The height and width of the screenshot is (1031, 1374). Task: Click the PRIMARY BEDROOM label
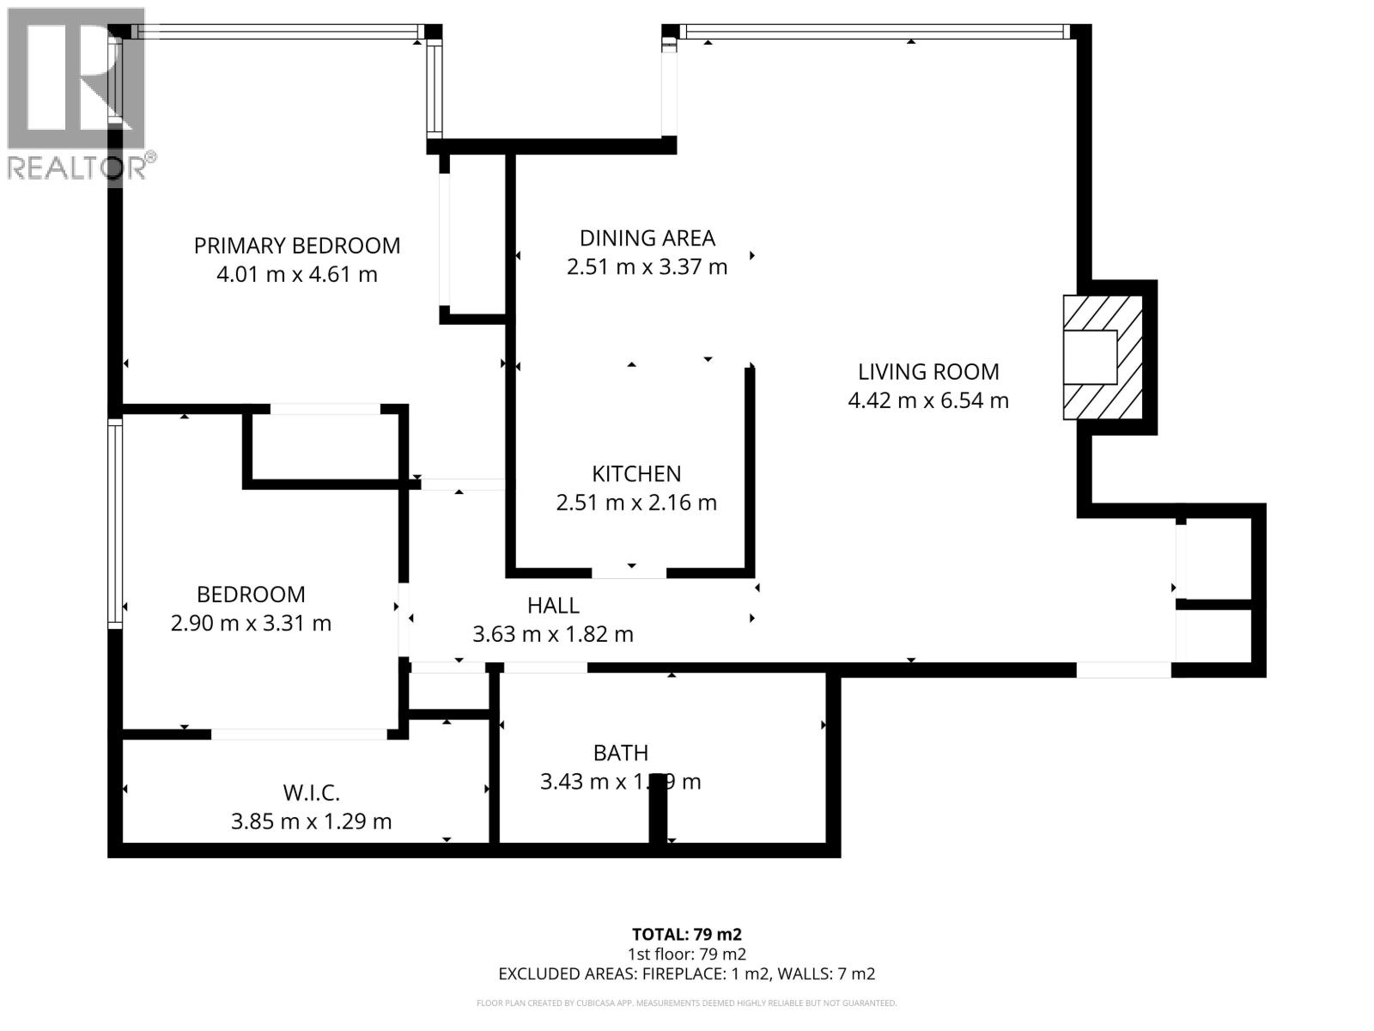tap(296, 246)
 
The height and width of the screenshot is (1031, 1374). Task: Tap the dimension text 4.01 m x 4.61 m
tap(296, 275)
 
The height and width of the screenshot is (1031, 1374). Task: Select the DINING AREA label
tap(647, 238)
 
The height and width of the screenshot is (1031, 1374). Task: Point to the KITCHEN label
tap(635, 473)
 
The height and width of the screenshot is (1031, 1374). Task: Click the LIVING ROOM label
tap(928, 372)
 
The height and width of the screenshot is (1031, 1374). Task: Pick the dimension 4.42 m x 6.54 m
tap(928, 400)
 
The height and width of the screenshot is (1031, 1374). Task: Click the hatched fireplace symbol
tap(1103, 357)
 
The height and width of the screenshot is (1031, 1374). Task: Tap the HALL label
tap(553, 606)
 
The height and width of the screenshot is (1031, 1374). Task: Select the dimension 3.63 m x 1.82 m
tap(553, 635)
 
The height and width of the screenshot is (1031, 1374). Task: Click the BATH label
tap(620, 753)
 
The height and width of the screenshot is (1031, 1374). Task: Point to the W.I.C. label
tap(311, 792)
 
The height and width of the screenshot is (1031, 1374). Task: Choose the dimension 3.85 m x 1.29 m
tap(311, 821)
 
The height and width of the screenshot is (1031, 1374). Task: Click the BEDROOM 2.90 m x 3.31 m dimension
tap(251, 623)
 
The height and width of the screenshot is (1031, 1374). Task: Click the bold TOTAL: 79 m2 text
tap(686, 934)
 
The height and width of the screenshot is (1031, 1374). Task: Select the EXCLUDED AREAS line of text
tap(686, 973)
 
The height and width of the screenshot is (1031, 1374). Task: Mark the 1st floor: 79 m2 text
tap(686, 954)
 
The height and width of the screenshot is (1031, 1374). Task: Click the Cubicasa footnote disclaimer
tap(686, 1003)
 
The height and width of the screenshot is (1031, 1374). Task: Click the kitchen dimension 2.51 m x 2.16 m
tap(635, 503)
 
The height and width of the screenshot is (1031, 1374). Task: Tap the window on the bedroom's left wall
tap(114, 522)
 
